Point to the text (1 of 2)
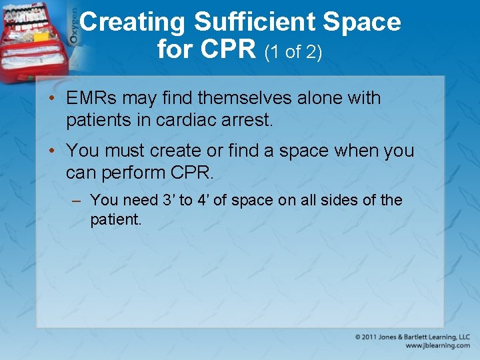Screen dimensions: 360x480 coord(293,51)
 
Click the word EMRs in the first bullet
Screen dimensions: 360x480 coord(92,98)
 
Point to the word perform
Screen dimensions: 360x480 coord(133,173)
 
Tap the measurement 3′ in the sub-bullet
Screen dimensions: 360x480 coord(169,200)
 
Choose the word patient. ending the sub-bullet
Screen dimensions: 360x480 coord(116,219)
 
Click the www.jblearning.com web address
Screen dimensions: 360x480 coord(437,345)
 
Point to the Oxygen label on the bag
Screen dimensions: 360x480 coord(73,29)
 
